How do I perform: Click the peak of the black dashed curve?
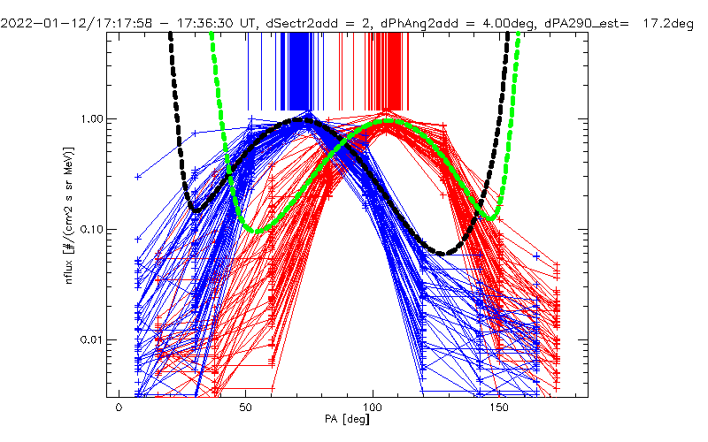pos(306,119)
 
